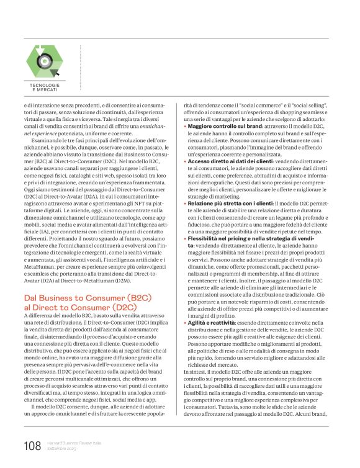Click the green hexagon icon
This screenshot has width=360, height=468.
click(45, 60)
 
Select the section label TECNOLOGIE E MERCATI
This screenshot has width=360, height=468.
click(45, 88)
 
